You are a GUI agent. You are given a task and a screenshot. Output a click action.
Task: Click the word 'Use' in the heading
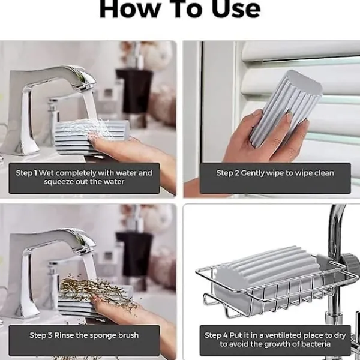click(236, 9)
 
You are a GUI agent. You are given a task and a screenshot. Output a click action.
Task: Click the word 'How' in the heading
click(130, 9)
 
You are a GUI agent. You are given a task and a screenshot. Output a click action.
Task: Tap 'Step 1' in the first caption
click(26, 173)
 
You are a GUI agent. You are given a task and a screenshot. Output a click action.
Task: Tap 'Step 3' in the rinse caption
click(41, 335)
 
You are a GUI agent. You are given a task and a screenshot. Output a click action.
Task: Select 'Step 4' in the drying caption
click(216, 335)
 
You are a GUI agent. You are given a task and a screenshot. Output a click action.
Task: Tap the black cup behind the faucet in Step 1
click(134, 91)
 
